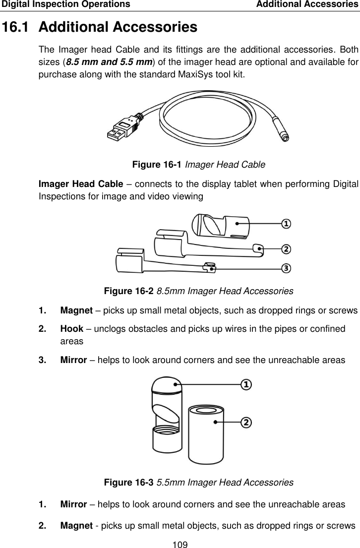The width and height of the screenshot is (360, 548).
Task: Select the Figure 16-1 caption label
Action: (x=154, y=165)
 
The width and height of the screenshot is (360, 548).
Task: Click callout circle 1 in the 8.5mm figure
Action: (x=286, y=225)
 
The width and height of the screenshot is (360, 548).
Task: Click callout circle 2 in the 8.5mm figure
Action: (x=286, y=248)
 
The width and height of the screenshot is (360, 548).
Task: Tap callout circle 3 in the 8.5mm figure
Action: (x=286, y=268)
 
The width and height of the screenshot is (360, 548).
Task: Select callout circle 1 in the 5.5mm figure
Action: (x=246, y=384)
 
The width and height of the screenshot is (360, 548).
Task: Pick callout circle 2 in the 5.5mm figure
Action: (x=246, y=422)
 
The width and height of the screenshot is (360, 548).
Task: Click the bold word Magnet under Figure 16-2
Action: (x=74, y=310)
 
